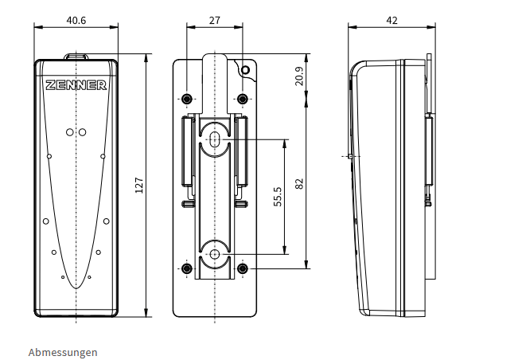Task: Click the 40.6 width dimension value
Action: [76, 21]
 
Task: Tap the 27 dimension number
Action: [215, 21]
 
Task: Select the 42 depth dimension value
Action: [391, 21]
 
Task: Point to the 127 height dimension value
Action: [138, 186]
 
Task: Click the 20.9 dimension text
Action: [299, 76]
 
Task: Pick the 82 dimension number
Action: [299, 184]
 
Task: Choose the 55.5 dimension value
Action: [278, 197]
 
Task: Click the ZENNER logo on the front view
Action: [76, 85]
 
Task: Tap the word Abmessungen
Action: [63, 352]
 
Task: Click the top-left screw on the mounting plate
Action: [187, 99]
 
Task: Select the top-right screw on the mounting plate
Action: [243, 99]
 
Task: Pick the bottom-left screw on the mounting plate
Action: [187, 268]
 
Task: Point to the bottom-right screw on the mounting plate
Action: [243, 268]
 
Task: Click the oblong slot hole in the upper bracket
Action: [215, 139]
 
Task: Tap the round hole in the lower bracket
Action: [215, 254]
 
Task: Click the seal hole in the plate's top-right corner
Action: [245, 70]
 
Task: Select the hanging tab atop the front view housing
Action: [76, 56]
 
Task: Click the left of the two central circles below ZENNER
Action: [70, 132]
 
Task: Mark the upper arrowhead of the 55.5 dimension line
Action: [285, 143]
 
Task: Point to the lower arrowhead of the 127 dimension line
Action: [146, 313]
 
